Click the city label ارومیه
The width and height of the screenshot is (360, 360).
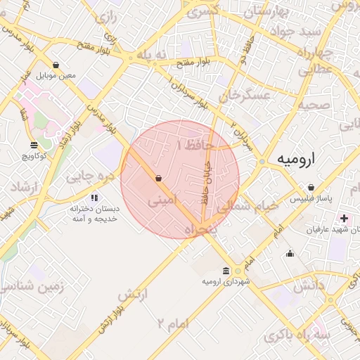click(295, 160)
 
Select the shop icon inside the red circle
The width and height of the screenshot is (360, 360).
click(158, 179)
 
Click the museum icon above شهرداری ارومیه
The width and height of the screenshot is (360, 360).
click(225, 271)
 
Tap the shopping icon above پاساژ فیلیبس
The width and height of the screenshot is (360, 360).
click(311, 188)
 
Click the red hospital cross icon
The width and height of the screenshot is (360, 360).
click(344, 219)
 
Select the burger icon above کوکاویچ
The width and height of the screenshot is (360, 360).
click(33, 145)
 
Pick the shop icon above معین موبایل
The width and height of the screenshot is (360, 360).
click(56, 65)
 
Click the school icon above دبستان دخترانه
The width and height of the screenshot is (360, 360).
click(94, 198)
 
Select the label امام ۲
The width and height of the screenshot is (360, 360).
click(174, 323)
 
